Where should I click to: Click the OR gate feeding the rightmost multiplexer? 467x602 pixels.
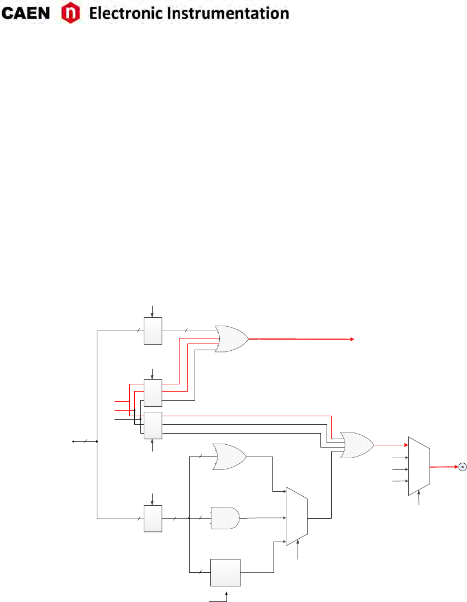[357, 445]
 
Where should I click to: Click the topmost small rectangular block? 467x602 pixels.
[153, 331]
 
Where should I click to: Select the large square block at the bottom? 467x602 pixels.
[225, 571]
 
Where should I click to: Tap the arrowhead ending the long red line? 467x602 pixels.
[352, 339]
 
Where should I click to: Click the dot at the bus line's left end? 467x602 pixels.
[73, 441]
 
